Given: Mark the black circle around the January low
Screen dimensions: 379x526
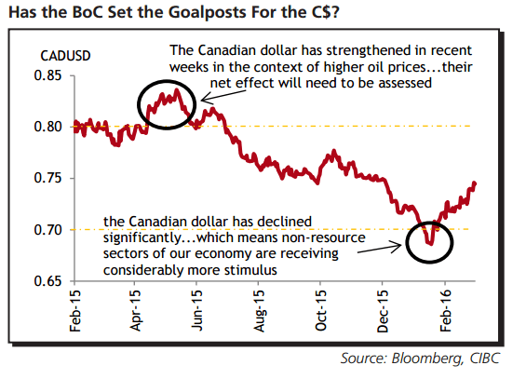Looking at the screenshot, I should [429, 245].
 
